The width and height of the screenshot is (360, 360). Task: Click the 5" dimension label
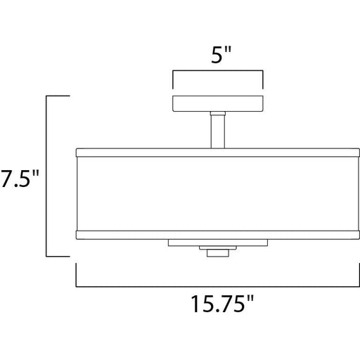(x=221, y=55)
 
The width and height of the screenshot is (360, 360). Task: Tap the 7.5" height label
(x=20, y=179)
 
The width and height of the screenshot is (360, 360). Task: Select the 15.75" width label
(x=222, y=304)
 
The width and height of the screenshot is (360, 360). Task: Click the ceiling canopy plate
(x=218, y=103)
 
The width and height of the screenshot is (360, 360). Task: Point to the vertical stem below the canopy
(x=218, y=131)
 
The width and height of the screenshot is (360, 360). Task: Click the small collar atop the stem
(x=218, y=113)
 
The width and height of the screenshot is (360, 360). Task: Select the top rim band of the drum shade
(x=218, y=153)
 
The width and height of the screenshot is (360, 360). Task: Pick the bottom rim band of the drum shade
(x=218, y=235)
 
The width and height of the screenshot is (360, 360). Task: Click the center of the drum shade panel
(x=218, y=194)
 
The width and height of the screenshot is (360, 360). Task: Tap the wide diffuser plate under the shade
(x=218, y=243)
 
